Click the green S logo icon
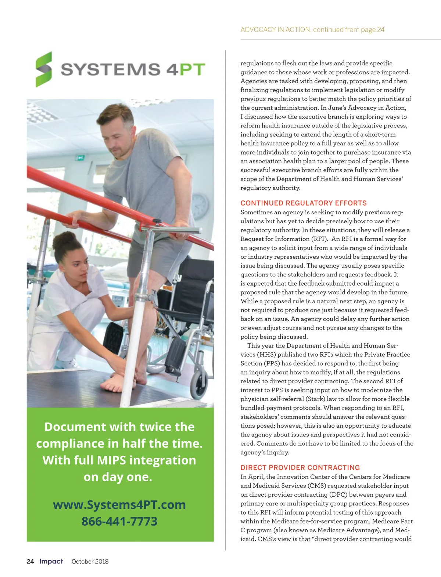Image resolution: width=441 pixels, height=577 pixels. (44, 69)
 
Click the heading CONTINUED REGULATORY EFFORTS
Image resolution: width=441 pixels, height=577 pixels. (304, 203)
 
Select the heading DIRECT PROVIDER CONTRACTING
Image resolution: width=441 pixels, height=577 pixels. (300, 468)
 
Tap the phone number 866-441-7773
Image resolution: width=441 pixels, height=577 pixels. (119, 521)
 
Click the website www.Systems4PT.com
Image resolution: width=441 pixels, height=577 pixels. (119, 505)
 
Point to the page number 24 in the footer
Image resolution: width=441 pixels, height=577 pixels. (30, 561)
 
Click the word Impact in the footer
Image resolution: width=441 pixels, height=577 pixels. (51, 561)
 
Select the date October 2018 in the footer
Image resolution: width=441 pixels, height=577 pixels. (90, 562)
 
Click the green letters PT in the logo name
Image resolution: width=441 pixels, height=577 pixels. (192, 70)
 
